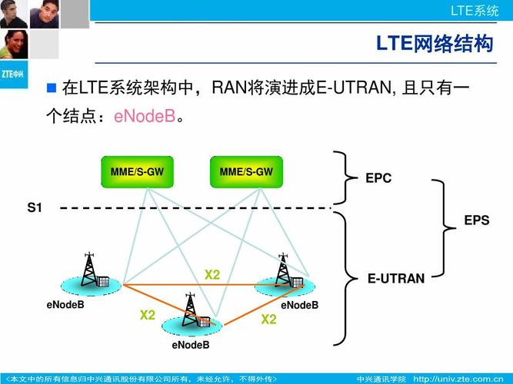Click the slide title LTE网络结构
click(x=434, y=44)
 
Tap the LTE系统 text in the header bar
click(x=475, y=10)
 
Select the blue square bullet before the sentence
click(x=52, y=88)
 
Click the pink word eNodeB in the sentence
click(x=145, y=117)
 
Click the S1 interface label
click(x=35, y=207)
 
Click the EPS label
click(x=476, y=220)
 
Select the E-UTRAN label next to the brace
click(x=395, y=279)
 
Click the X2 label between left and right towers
click(x=212, y=275)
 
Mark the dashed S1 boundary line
click(x=192, y=207)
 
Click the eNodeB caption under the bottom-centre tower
click(x=191, y=345)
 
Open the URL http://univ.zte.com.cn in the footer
click(x=461, y=379)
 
